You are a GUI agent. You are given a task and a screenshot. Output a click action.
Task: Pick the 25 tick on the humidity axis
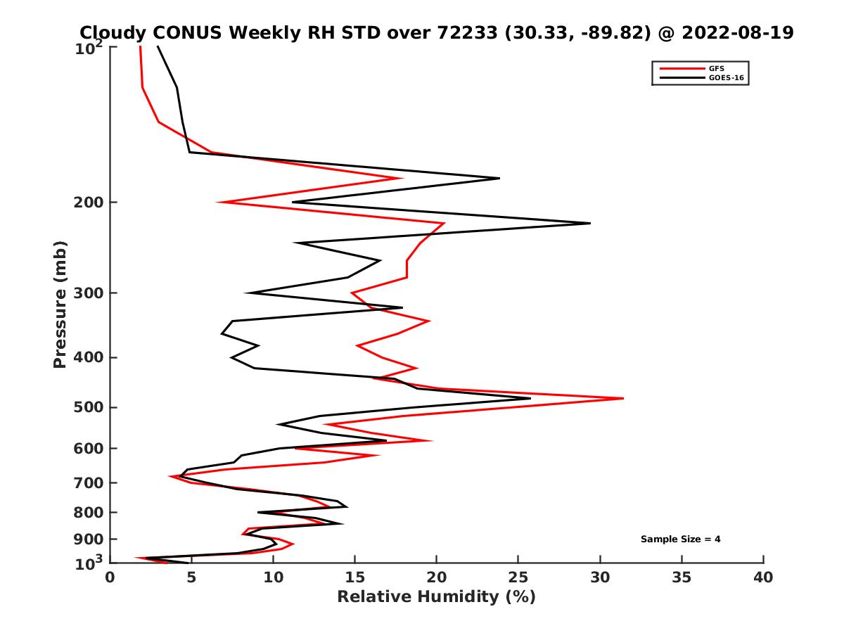(x=518, y=577)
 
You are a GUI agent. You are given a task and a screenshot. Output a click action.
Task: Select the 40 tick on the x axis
(x=763, y=577)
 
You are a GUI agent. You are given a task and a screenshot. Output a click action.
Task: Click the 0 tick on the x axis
(x=110, y=577)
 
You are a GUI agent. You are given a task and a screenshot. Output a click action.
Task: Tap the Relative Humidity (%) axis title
(x=436, y=597)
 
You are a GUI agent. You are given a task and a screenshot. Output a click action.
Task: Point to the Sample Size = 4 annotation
(x=680, y=539)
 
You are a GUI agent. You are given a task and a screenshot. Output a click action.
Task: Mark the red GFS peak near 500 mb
(x=622, y=398)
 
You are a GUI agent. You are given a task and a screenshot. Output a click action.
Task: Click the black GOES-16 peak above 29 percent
(x=589, y=223)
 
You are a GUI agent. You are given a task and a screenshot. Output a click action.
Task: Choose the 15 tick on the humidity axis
(x=354, y=577)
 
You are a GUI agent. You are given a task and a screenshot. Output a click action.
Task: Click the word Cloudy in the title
(x=113, y=32)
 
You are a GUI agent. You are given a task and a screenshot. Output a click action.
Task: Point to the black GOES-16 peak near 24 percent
(x=499, y=178)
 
